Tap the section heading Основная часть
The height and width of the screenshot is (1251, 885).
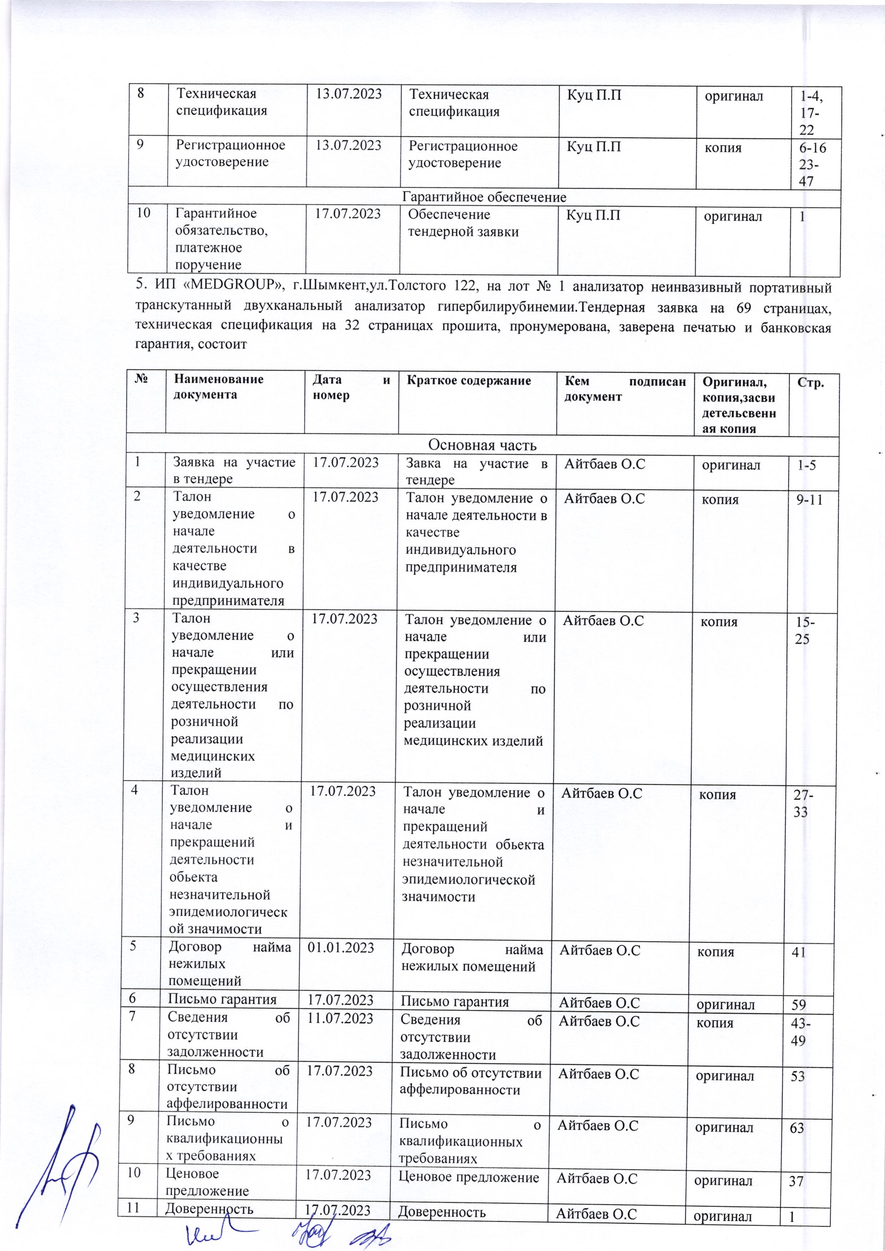click(x=482, y=445)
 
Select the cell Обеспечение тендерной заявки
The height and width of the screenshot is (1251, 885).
click(x=463, y=223)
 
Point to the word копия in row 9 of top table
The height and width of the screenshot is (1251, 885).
click(x=723, y=147)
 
